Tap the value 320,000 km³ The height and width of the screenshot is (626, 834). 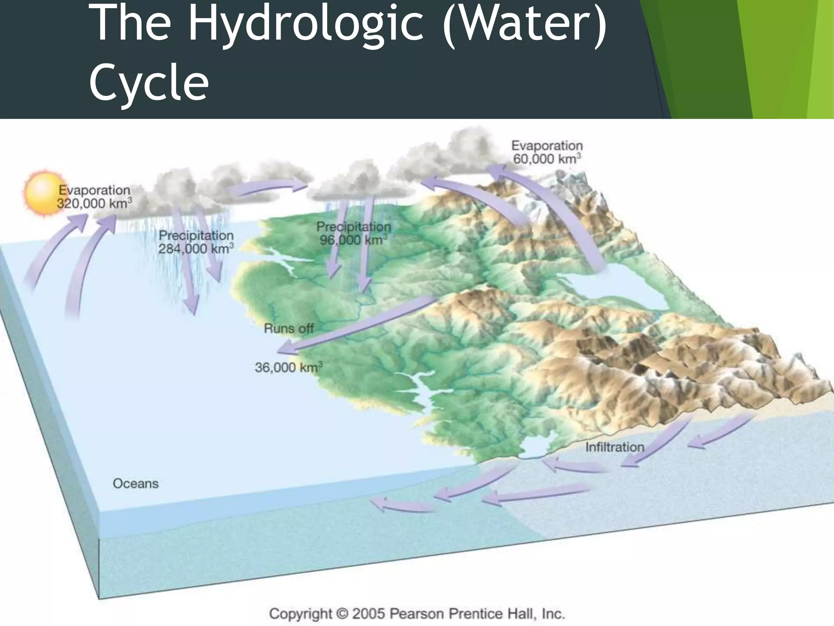pyautogui.click(x=94, y=203)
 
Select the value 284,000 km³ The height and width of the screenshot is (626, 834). pyautogui.click(x=195, y=249)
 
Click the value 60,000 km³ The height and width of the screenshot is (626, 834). pyautogui.click(x=547, y=159)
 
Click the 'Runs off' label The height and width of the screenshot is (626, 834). pyautogui.click(x=289, y=328)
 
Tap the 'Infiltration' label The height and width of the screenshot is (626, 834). pyautogui.click(x=615, y=447)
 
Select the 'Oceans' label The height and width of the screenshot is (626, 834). pyautogui.click(x=136, y=484)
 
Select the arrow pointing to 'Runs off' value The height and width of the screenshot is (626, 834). pyautogui.click(x=354, y=326)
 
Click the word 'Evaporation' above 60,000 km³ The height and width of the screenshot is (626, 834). pyautogui.click(x=547, y=145)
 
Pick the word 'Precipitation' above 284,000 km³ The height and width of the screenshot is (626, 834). pyautogui.click(x=196, y=235)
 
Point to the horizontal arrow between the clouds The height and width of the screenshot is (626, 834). pyautogui.click(x=271, y=187)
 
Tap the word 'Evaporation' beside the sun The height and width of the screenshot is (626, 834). pyautogui.click(x=94, y=190)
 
